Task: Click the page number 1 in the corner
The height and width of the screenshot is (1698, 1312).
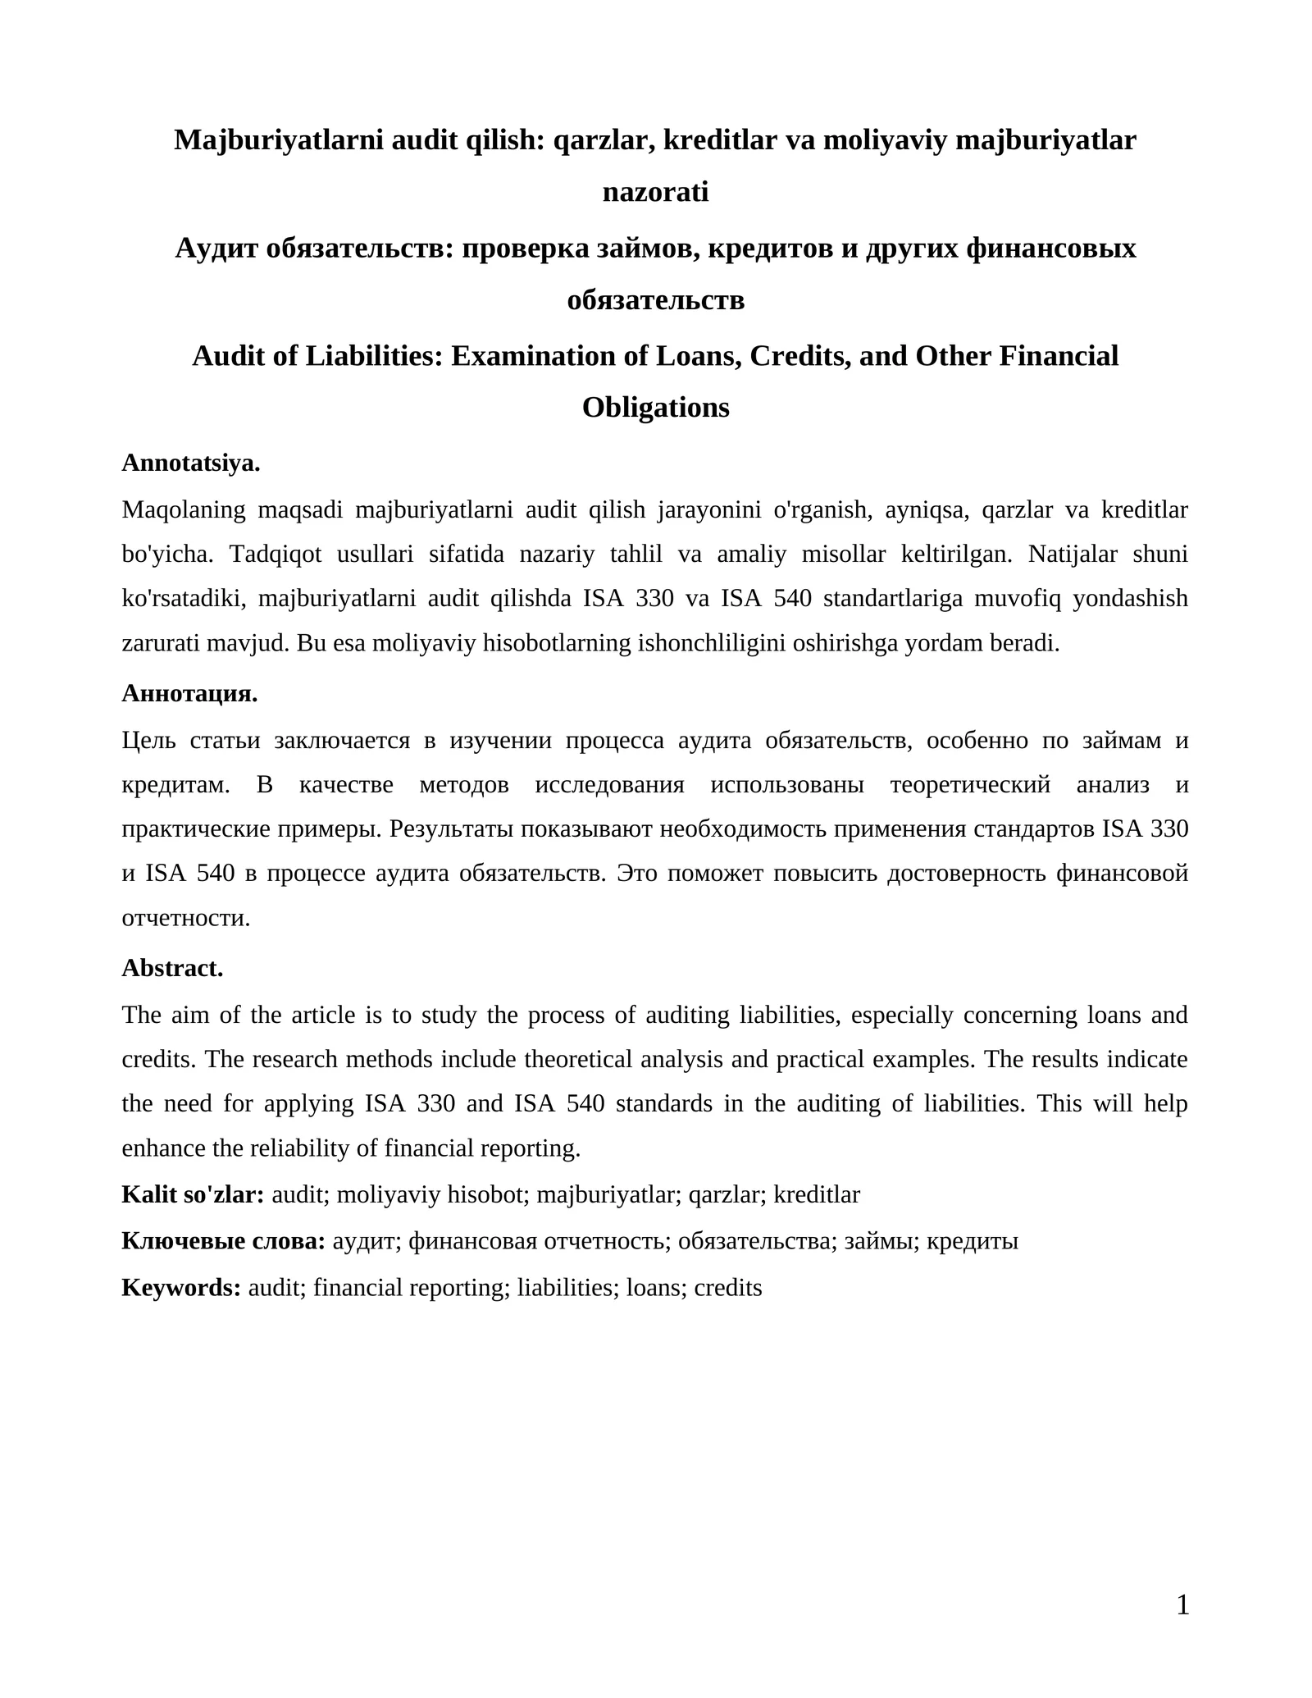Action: (1182, 1604)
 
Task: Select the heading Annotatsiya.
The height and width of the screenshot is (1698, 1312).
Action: (191, 463)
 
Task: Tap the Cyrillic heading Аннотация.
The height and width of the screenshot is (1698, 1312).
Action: (189, 693)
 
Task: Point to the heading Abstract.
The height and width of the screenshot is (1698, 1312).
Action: (172, 968)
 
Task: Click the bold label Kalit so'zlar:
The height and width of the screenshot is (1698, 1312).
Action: (193, 1194)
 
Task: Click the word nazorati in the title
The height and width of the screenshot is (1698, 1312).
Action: (655, 192)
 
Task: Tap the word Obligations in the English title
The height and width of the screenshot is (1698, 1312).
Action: (655, 408)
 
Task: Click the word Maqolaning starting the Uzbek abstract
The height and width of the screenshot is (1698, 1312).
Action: (184, 510)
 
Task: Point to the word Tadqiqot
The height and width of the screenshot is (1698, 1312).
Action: (276, 555)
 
